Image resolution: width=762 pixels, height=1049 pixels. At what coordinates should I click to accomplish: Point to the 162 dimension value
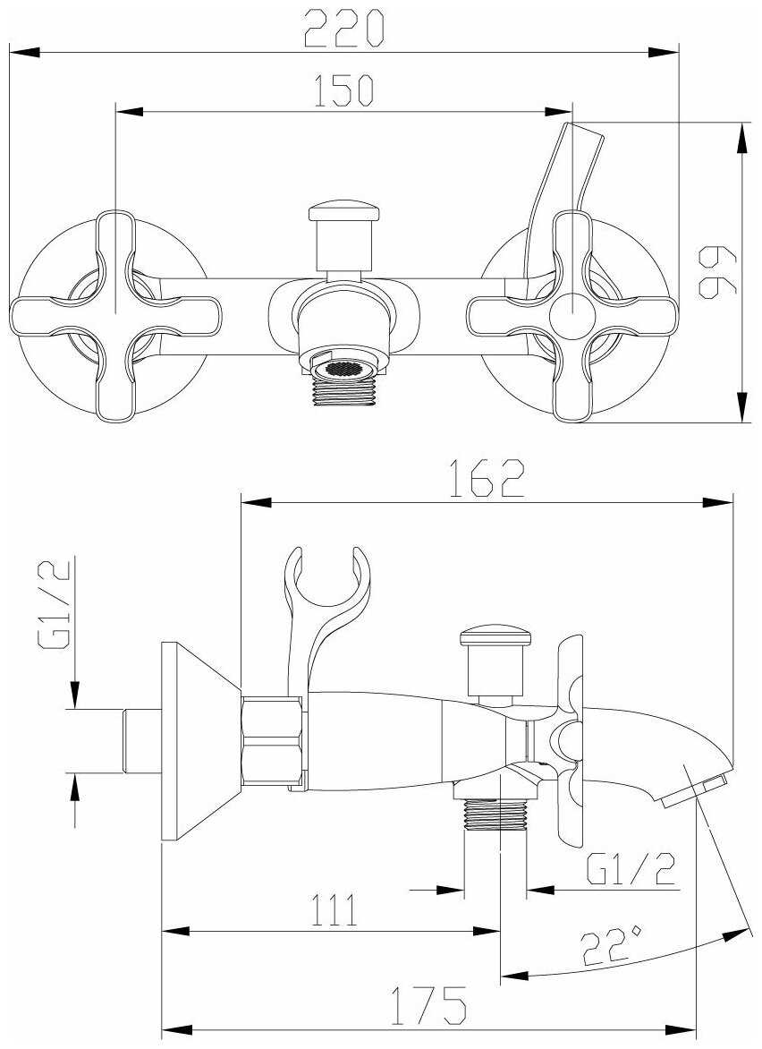coord(486,478)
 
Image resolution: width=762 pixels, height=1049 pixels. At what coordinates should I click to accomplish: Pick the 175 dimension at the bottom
coord(428,1005)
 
